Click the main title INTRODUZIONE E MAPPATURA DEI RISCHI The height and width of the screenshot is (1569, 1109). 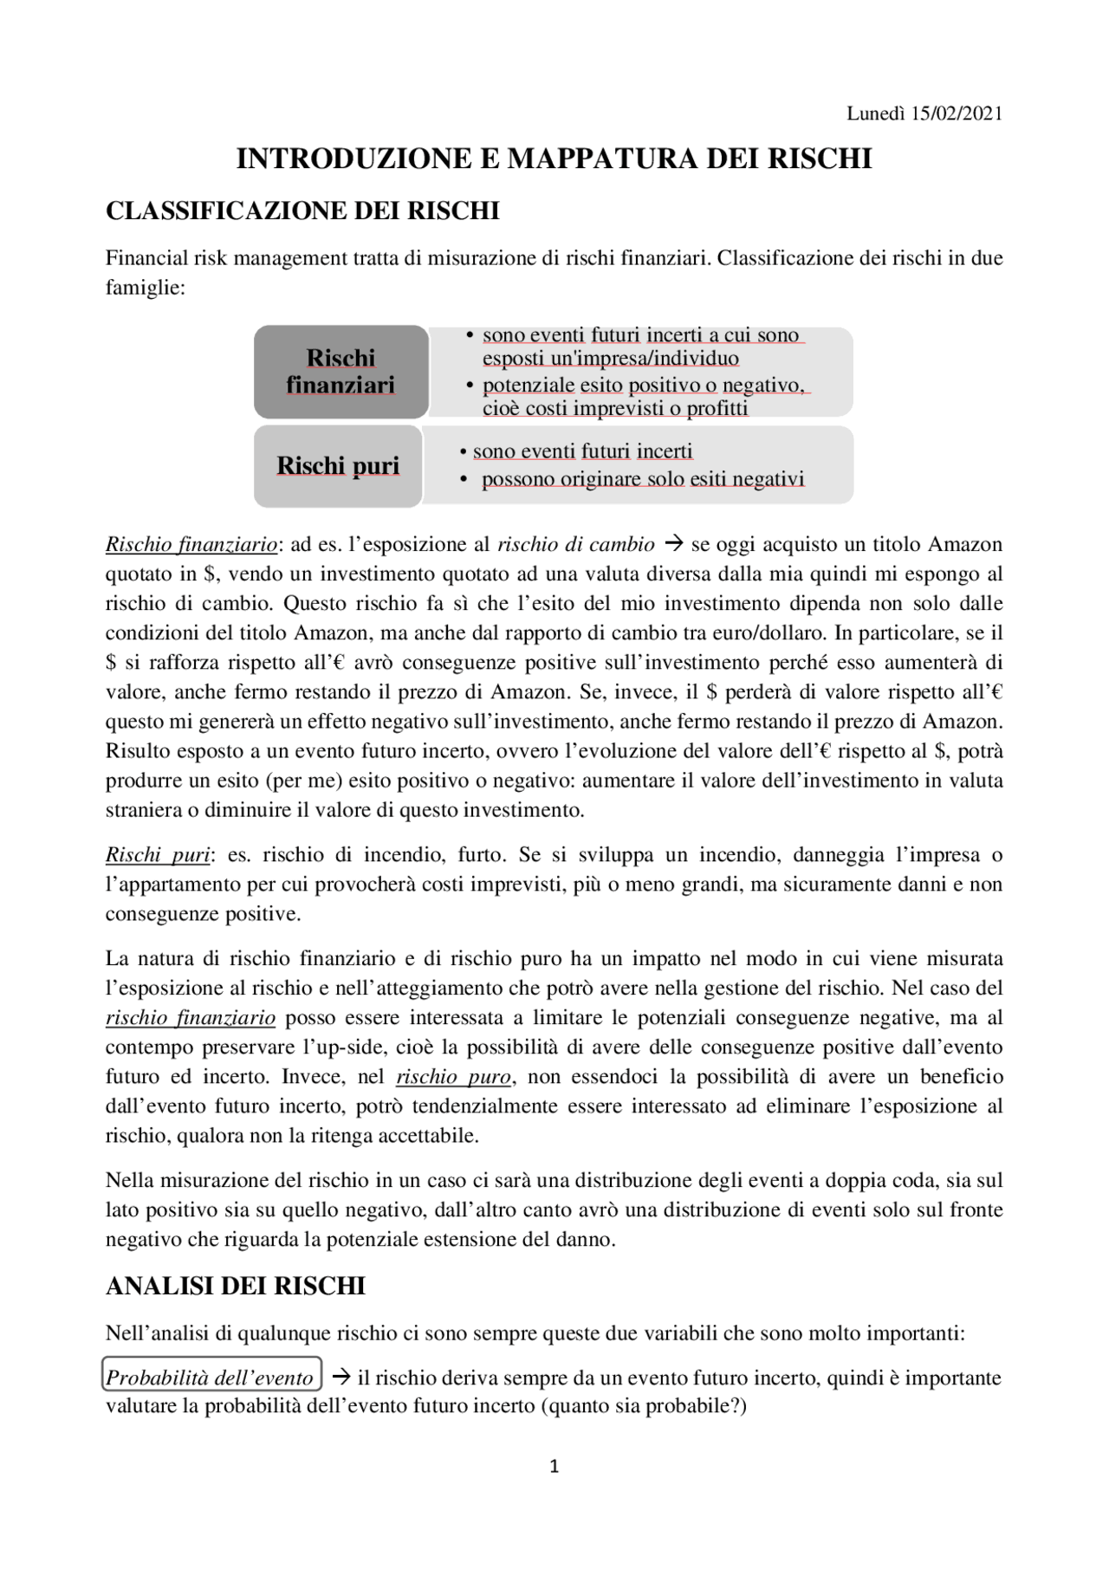(x=554, y=159)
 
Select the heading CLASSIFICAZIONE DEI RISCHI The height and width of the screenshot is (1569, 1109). (x=302, y=211)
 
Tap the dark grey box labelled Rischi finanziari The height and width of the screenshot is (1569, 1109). (x=340, y=372)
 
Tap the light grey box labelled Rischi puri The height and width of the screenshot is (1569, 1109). (x=338, y=466)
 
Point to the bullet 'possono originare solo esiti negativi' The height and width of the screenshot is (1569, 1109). (x=643, y=479)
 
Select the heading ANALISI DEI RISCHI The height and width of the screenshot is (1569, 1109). (x=235, y=1287)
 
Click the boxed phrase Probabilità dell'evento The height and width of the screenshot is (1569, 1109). (x=211, y=1378)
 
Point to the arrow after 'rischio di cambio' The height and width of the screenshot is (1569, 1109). (x=672, y=545)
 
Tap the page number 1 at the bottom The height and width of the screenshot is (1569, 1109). (x=554, y=1467)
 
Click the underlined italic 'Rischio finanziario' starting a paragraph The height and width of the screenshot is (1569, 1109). (x=191, y=545)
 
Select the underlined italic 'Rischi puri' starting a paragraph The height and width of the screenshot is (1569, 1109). (x=158, y=856)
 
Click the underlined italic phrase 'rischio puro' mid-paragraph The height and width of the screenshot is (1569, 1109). (x=454, y=1078)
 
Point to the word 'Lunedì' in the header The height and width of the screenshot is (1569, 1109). (x=876, y=113)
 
